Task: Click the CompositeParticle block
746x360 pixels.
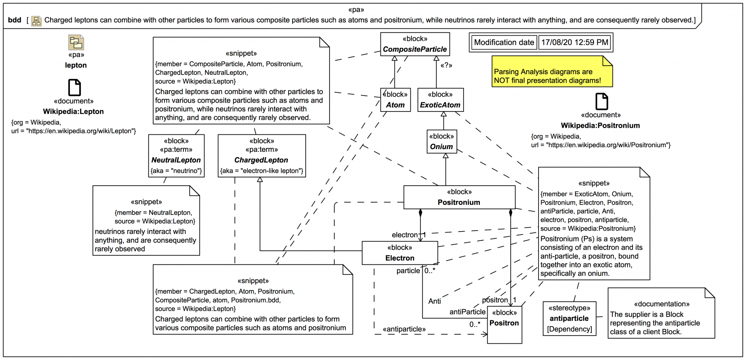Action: pyautogui.click(x=415, y=44)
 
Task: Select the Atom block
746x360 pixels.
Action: pyautogui.click(x=395, y=100)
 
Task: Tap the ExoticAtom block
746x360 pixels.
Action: pyautogui.click(x=440, y=100)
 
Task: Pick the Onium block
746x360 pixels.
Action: pyautogui.click(x=441, y=142)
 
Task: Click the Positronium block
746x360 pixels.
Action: pyautogui.click(x=459, y=197)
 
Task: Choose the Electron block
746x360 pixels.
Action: pyautogui.click(x=399, y=253)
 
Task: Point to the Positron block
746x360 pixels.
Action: pyautogui.click(x=504, y=324)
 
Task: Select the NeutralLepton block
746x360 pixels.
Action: pyautogui.click(x=176, y=156)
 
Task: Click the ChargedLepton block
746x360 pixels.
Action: pyautogui.click(x=261, y=156)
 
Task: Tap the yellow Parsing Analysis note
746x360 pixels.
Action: pyautogui.click(x=552, y=72)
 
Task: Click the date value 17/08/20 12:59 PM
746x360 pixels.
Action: pyautogui.click(x=575, y=42)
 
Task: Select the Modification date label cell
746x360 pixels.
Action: pyautogui.click(x=504, y=42)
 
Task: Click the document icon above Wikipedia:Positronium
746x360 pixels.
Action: pyautogui.click(x=601, y=101)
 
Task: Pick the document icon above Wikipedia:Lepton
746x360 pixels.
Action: pyautogui.click(x=74, y=87)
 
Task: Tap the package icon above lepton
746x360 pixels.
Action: pyautogui.click(x=76, y=42)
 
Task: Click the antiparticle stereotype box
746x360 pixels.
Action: pyautogui.click(x=569, y=318)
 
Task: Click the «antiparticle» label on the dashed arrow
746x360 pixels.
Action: pyautogui.click(x=404, y=329)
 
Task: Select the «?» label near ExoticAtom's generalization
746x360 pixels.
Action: pyautogui.click(x=446, y=65)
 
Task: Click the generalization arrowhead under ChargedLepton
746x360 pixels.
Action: pyautogui.click(x=260, y=180)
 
